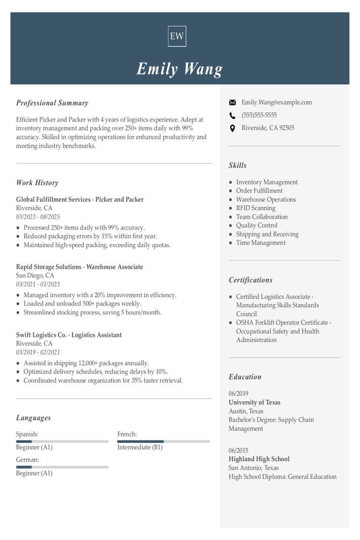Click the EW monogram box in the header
click(x=177, y=36)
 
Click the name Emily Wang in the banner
click(x=180, y=69)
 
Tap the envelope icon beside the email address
click(x=232, y=103)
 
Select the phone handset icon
click(x=232, y=115)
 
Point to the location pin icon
click(x=232, y=128)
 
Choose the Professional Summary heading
click(x=52, y=103)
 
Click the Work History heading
click(x=37, y=183)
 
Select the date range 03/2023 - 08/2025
click(x=38, y=217)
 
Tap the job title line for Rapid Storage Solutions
click(x=79, y=267)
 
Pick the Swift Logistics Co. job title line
click(x=68, y=335)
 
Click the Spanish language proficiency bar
click(x=62, y=441)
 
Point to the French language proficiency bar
click(x=163, y=441)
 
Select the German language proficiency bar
click(x=62, y=467)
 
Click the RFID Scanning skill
click(x=255, y=208)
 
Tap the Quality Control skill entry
click(x=256, y=225)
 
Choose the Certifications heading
click(x=250, y=280)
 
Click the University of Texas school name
click(x=255, y=403)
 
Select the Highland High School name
click(x=259, y=459)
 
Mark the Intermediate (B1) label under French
click(x=140, y=447)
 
